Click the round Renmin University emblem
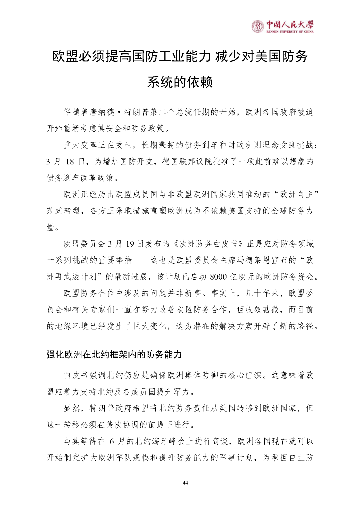(x=257, y=26)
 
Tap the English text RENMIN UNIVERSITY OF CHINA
(x=290, y=32)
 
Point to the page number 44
(x=185, y=483)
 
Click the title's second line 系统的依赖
(x=180, y=82)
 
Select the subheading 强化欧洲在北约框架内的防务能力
(x=114, y=354)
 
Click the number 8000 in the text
(x=218, y=277)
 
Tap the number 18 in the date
(x=70, y=162)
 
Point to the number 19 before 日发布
(x=130, y=244)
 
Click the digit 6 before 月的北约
(x=112, y=442)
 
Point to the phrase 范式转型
(x=63, y=211)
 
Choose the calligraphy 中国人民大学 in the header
(x=290, y=25)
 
